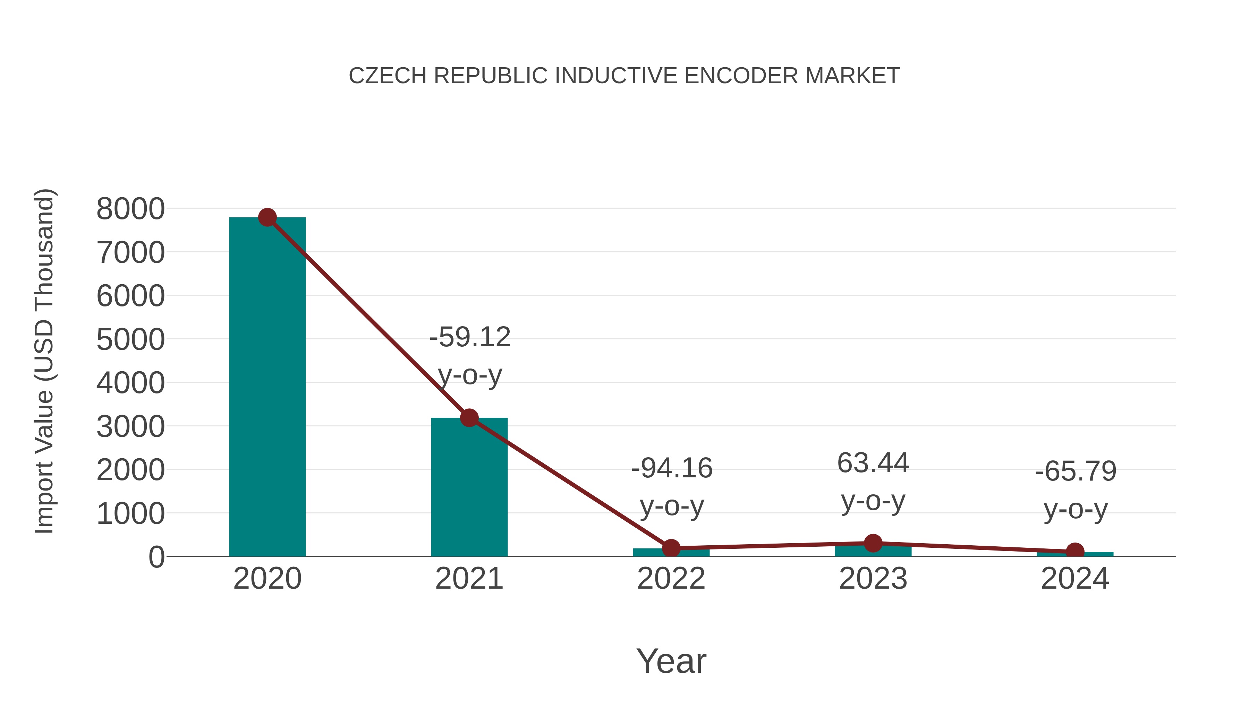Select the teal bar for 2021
click(x=469, y=489)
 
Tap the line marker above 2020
click(x=267, y=217)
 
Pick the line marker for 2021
click(x=469, y=418)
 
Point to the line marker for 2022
click(x=671, y=548)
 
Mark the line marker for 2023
click(x=873, y=543)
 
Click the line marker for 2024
click(x=1075, y=551)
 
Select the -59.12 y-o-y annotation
click(x=470, y=356)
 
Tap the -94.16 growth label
click(x=672, y=487)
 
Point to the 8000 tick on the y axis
click(x=130, y=209)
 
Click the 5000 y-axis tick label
click(x=130, y=340)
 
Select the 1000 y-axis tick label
click(x=130, y=513)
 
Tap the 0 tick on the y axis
click(x=156, y=557)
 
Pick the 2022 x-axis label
click(x=671, y=579)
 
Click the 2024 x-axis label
click(x=1075, y=579)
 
